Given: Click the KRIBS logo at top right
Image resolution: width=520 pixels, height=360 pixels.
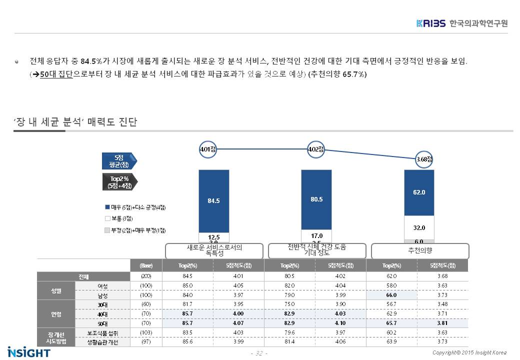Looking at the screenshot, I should [462, 23].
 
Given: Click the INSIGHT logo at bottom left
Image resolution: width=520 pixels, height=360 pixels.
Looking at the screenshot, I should [29, 351].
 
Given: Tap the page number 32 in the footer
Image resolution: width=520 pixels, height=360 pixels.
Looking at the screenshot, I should [259, 353].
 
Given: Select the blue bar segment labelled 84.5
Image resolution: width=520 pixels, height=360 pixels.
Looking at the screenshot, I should [214, 201].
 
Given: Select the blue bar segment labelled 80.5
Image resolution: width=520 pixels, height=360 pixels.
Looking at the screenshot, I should [316, 199].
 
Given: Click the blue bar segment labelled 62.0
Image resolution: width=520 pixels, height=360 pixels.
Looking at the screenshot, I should [419, 192].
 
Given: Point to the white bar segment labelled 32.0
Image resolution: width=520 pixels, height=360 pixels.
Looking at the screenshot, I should [419, 227].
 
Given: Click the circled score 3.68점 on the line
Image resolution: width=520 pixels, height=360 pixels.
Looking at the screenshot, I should [424, 159].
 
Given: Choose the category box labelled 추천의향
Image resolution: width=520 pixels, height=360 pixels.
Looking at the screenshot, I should [420, 251].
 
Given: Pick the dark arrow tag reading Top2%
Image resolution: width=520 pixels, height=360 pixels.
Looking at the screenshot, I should [119, 182].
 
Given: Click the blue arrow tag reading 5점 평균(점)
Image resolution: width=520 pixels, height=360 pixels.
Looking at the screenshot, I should [119, 161].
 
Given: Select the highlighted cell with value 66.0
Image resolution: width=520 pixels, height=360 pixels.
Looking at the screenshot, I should [391, 295].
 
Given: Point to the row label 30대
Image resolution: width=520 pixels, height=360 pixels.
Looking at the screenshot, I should [102, 304].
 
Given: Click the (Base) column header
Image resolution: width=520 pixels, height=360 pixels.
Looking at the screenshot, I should [146, 265].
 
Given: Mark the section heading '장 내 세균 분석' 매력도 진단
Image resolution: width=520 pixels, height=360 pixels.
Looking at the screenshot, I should [75, 122].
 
